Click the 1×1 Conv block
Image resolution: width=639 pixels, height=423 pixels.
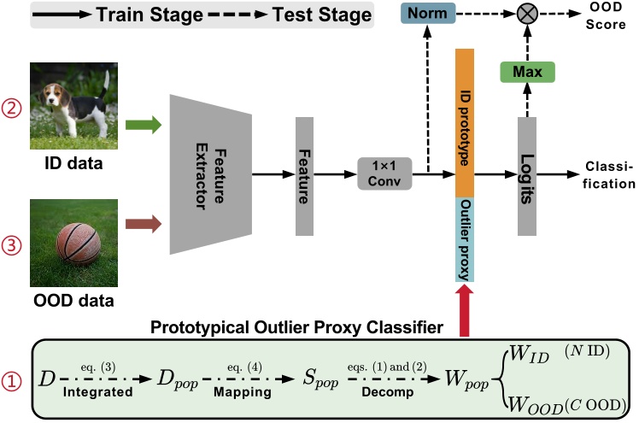point(384,178)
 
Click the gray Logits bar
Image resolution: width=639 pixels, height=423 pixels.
point(526,176)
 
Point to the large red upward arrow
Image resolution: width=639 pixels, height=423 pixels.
point(465,308)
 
